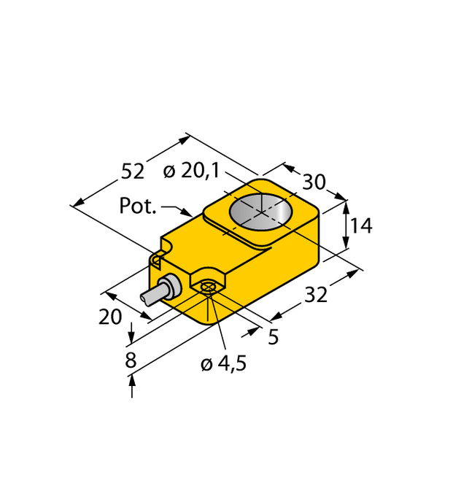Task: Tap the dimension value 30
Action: tap(314, 182)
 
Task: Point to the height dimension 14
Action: tap(360, 226)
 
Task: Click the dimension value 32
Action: tap(316, 295)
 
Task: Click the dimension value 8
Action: tap(131, 360)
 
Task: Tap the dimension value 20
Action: tap(111, 317)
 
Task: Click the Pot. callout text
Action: tap(138, 207)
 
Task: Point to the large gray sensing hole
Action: tap(260, 211)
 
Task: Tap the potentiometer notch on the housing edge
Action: tap(157, 259)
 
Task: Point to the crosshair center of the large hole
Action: tap(260, 211)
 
